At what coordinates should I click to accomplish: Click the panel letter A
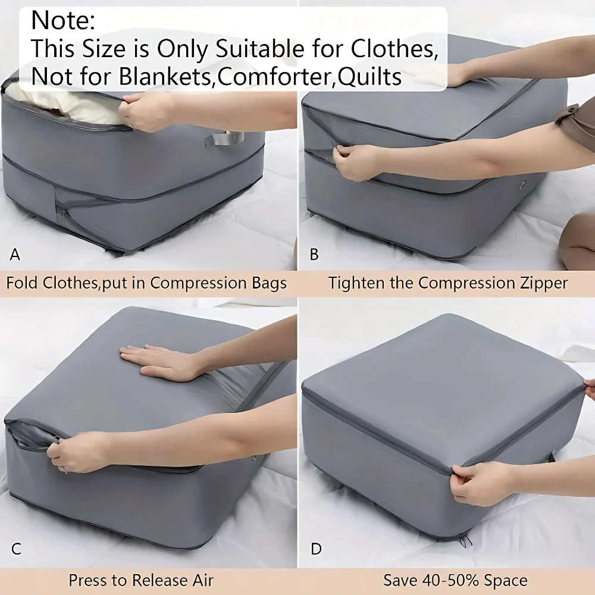[15, 255]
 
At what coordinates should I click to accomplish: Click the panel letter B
[314, 255]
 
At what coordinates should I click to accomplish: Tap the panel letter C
[16, 549]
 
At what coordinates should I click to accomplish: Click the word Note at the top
[62, 21]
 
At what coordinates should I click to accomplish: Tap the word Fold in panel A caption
[22, 283]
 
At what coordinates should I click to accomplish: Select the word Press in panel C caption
[89, 580]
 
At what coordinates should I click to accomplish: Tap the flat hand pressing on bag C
[158, 361]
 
